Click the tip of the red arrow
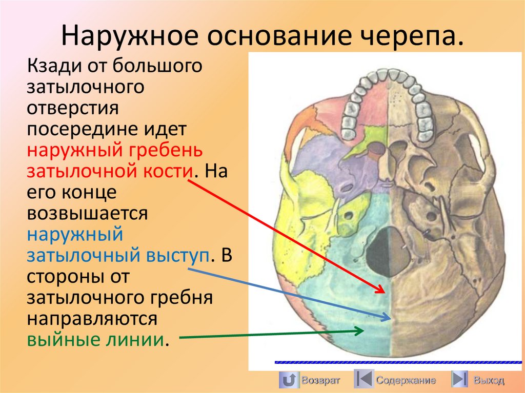tap(383, 293)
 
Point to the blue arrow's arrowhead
tap(390, 318)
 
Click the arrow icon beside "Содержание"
tap(364, 380)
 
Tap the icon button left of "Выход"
tap(459, 380)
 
